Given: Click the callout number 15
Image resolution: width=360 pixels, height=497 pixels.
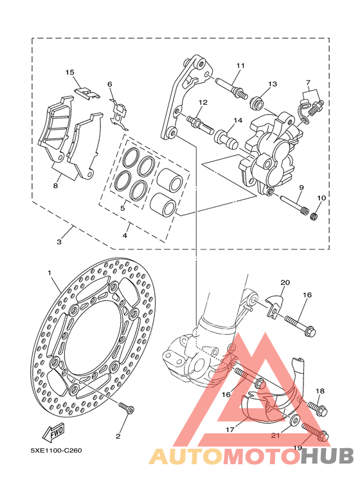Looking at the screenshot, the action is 69,73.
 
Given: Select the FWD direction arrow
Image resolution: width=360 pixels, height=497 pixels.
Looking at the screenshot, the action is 54,433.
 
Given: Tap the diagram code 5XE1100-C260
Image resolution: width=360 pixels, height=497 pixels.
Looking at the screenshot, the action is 56,451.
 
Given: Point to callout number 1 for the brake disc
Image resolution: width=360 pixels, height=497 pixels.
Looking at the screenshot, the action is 49,273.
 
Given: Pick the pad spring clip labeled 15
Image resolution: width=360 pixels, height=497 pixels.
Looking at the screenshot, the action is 87,93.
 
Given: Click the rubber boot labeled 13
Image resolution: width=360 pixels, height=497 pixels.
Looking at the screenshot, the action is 256,103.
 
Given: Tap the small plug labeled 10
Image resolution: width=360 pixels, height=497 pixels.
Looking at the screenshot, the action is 314,217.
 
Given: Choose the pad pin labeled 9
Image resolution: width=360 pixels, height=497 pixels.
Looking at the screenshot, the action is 294,206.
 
